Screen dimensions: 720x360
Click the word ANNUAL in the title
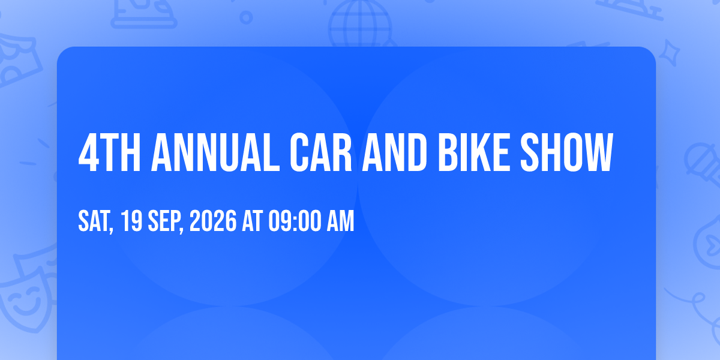click(x=215, y=152)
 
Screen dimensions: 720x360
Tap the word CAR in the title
click(x=321, y=152)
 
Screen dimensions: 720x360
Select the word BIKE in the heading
click(x=474, y=152)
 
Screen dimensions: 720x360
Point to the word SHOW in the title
click(x=567, y=152)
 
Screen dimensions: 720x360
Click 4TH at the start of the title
click(x=109, y=152)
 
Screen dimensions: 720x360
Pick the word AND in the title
click(x=395, y=152)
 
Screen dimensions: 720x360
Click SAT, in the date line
click(x=96, y=221)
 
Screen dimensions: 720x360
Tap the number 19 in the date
click(x=131, y=221)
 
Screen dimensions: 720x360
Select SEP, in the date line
click(x=166, y=221)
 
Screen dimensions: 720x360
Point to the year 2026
click(x=213, y=221)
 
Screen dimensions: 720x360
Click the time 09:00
click(x=295, y=221)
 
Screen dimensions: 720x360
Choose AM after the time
click(x=340, y=221)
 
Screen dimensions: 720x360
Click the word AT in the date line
click(x=253, y=221)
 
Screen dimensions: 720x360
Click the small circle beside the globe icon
click(x=246, y=17)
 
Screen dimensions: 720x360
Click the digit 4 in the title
click(x=88, y=152)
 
